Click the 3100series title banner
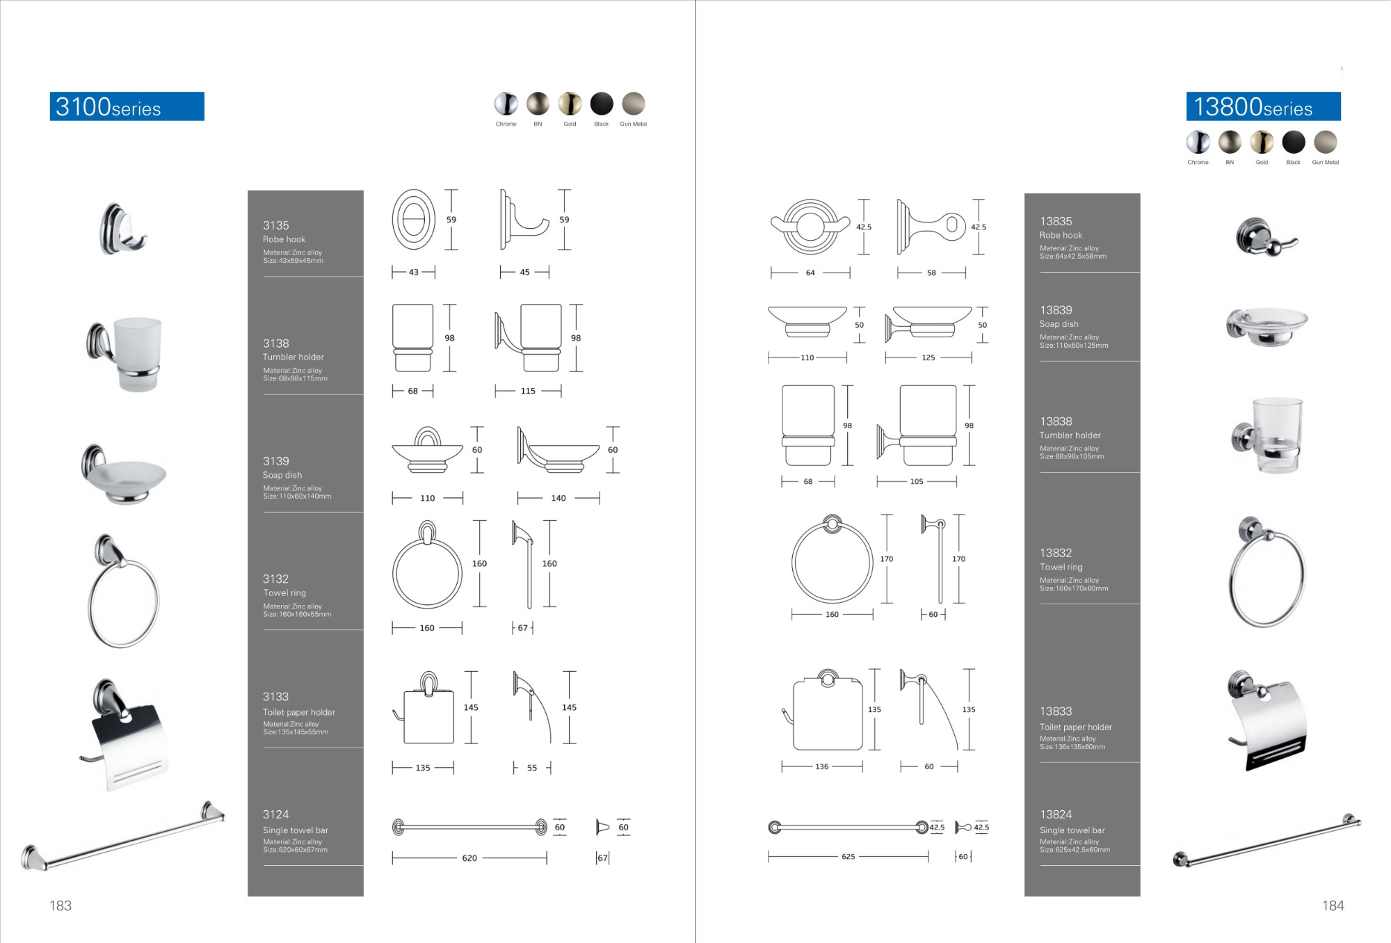coord(127,106)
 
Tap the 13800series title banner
coord(1263,106)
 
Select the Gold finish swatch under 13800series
coord(1262,142)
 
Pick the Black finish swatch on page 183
coord(602,104)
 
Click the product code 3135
coord(275,225)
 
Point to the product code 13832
coord(1056,553)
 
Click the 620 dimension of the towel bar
coord(469,858)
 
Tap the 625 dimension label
coord(849,857)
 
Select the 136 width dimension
coord(822,766)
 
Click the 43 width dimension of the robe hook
coord(414,273)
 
